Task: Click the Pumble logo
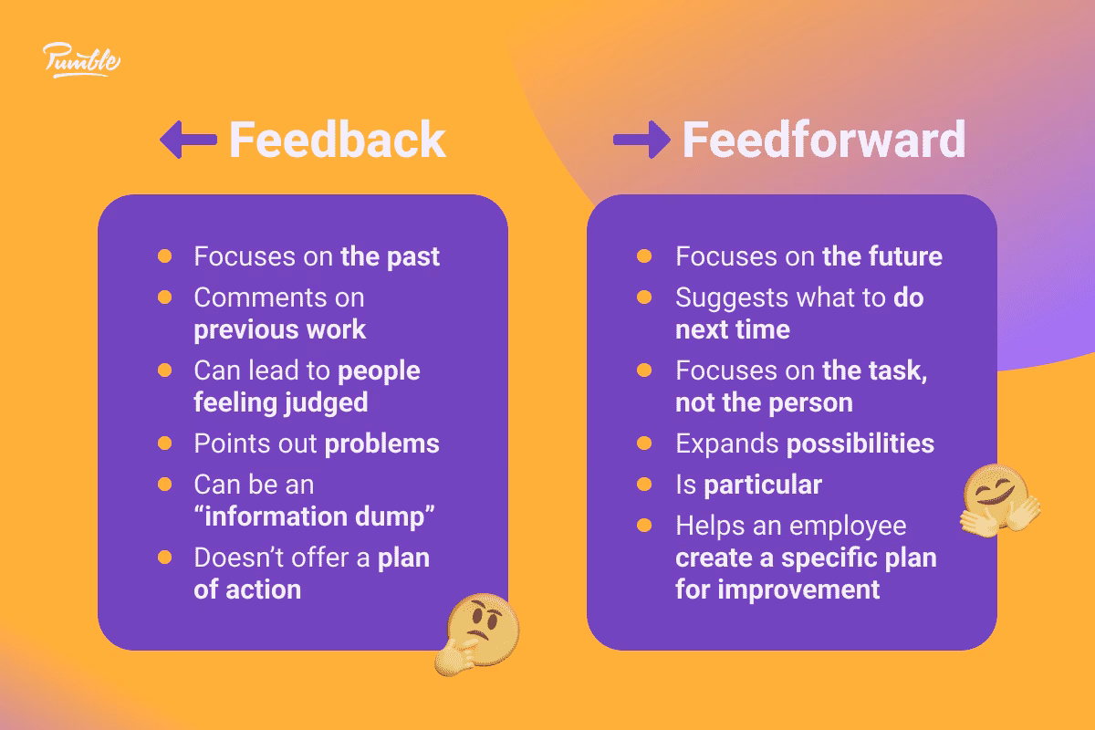(81, 60)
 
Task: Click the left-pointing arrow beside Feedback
(188, 141)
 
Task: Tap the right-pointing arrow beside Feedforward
(641, 141)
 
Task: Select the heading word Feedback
(337, 141)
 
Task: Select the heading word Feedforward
(823, 141)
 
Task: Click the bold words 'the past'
(390, 256)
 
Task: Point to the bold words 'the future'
(881, 256)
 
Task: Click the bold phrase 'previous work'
(279, 329)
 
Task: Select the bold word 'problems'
(382, 443)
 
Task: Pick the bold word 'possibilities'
(860, 443)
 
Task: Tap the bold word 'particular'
(762, 485)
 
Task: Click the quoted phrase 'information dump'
(314, 516)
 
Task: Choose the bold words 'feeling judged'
(280, 402)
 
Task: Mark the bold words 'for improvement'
(777, 589)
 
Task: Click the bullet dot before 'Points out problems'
(164, 443)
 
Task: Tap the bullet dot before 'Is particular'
(644, 485)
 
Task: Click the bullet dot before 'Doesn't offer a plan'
(164, 558)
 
